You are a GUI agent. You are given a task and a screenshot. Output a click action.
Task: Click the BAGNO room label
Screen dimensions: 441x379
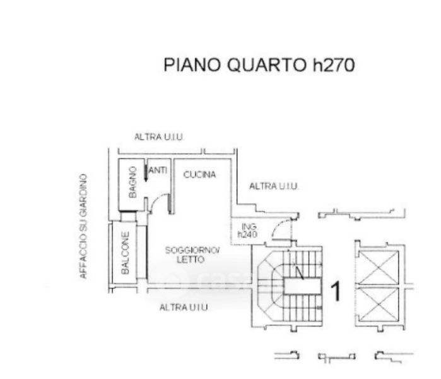coord(132,183)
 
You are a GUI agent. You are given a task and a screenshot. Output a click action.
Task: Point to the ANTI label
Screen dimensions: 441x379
coord(158,170)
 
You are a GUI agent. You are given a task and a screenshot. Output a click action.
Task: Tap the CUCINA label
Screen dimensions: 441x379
coord(199,174)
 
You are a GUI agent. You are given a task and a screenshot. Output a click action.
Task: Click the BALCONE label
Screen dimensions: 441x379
coord(126,253)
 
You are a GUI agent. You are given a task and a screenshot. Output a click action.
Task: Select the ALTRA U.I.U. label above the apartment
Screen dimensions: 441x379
coord(159,137)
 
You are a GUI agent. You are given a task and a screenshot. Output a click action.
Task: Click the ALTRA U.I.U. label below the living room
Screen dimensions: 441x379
coord(184,307)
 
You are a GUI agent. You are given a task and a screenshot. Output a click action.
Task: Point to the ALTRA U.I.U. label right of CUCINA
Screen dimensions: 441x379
coord(273,186)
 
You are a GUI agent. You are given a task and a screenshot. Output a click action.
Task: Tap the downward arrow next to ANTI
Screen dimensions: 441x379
coord(146,172)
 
